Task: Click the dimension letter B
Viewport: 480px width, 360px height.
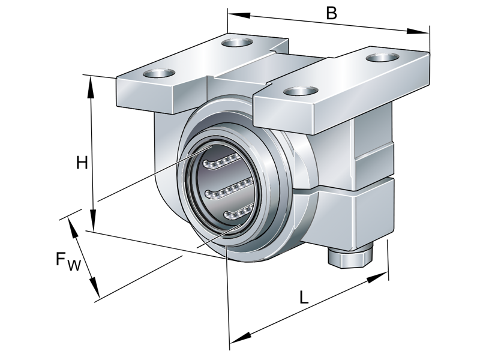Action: (331, 12)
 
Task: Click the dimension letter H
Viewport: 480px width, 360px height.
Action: (82, 163)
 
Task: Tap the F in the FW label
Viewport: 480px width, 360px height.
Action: (61, 259)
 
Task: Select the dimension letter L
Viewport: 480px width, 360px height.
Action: (304, 297)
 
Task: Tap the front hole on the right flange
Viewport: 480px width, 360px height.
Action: (298, 91)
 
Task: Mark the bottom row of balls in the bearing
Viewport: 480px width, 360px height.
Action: (236, 212)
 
